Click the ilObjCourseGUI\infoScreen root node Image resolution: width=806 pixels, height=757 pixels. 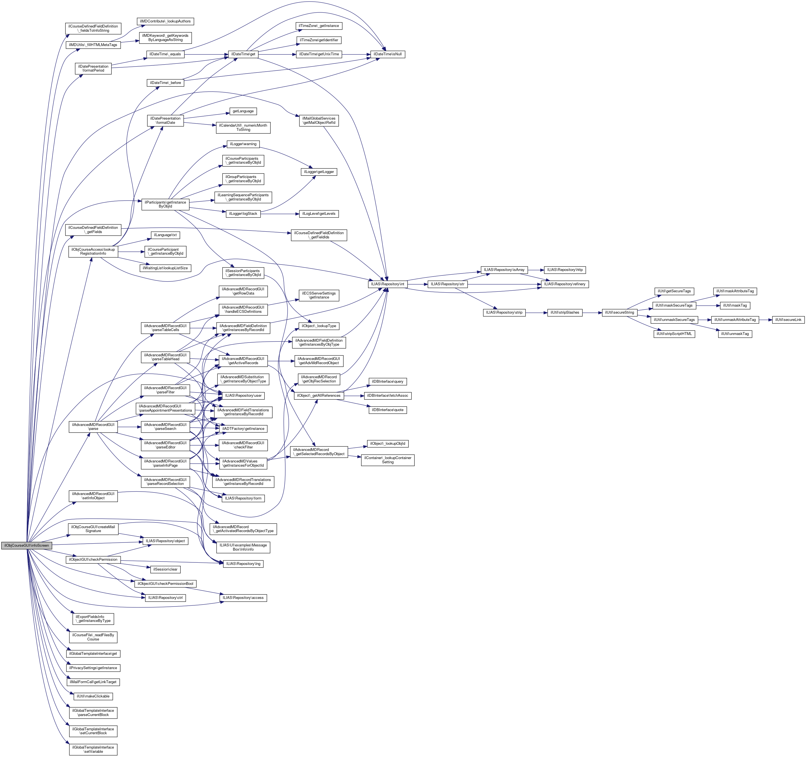tap(26, 545)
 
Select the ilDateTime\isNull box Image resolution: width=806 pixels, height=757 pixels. tap(387, 54)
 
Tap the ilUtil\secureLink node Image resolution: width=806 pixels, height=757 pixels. tap(788, 320)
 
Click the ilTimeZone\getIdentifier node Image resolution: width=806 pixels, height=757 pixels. tap(319, 40)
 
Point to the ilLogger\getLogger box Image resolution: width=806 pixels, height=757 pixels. tap(320, 172)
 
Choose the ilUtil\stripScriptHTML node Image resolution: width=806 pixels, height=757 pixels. tap(674, 334)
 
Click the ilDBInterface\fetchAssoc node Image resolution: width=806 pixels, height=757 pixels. tap(388, 396)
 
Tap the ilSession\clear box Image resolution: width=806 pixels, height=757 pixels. tap(165, 569)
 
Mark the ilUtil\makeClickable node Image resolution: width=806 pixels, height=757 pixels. tap(93, 696)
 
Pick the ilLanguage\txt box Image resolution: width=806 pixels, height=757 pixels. tap(165, 235)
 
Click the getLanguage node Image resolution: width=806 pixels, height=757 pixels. tap(243, 111)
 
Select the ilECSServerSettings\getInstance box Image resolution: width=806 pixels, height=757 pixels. tap(319, 295)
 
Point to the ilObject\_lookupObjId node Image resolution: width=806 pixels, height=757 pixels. tap(388, 443)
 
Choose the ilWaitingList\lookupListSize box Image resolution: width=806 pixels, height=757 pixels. tap(165, 268)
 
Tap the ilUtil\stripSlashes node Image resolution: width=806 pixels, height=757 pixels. tap(565, 312)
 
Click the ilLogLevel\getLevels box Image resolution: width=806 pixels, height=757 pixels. tap(319, 213)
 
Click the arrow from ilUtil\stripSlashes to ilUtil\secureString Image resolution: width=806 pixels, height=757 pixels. tap(592, 312)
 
